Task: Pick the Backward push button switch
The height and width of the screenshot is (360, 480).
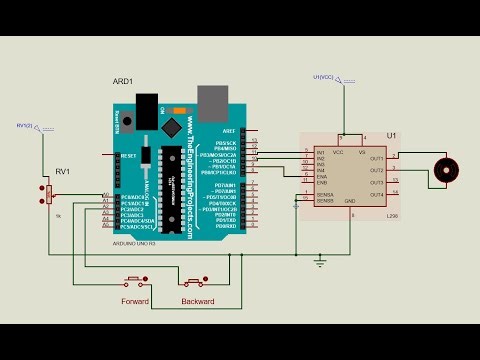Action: coord(196,280)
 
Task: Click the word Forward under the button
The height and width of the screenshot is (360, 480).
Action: coord(135,300)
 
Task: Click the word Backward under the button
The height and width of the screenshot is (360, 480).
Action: coord(197,300)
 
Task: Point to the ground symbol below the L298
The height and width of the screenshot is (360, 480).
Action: coord(320,261)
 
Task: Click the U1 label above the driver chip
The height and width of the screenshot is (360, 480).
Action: coord(391,134)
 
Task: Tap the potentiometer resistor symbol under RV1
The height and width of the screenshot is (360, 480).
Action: coord(48,195)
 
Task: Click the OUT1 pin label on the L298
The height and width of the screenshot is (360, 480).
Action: coord(376,158)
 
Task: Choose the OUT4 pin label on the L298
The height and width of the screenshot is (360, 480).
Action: coord(376,193)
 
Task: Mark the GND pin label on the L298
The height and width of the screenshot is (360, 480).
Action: coord(350,202)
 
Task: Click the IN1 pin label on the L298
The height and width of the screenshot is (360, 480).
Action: coord(321,153)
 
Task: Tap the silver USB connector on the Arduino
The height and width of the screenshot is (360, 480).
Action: coord(212,99)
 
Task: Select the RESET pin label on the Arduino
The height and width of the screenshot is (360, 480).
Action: coord(128,156)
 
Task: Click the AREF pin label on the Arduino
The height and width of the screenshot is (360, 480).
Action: coord(229,130)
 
